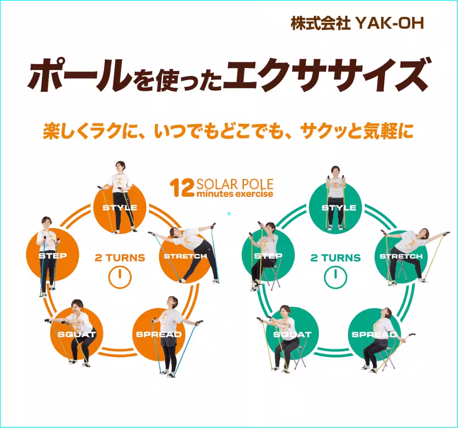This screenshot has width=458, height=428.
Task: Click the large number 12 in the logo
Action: point(182,188)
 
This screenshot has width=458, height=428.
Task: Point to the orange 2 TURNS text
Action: point(120,258)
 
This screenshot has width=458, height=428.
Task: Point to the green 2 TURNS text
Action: point(335,258)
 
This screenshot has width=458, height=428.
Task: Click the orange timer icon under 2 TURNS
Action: point(120,277)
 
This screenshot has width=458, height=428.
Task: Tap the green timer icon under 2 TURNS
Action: point(335,277)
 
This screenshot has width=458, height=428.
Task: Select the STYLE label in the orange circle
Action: point(120,208)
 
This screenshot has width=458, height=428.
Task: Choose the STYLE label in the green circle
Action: point(339,208)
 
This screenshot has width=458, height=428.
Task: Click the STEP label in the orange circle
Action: point(53,256)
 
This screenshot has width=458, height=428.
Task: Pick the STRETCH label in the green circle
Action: point(401,256)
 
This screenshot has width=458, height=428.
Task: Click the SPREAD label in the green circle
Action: point(374,334)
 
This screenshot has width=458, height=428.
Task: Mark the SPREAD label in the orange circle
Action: point(159,335)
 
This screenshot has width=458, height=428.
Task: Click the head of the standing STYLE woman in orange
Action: point(120,167)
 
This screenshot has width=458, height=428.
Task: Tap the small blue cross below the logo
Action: point(229,214)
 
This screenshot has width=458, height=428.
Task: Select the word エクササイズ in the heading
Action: point(324,75)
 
